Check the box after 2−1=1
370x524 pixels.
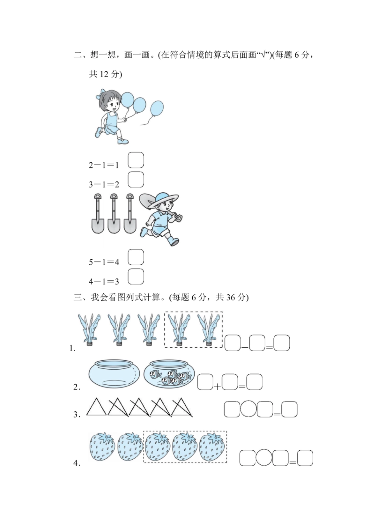pos(136,160)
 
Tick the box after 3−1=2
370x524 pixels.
pos(136,179)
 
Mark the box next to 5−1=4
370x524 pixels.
pos(136,257)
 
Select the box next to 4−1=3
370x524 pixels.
pos(136,276)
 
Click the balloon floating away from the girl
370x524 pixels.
pos(157,108)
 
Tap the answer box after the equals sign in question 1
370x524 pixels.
pos(282,343)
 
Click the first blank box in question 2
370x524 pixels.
pos(205,382)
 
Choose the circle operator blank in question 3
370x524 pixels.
pos(248,409)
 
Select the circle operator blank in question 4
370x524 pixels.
pos(264,458)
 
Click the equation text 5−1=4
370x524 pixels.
pos(104,262)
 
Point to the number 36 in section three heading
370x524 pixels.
pos(231,297)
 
